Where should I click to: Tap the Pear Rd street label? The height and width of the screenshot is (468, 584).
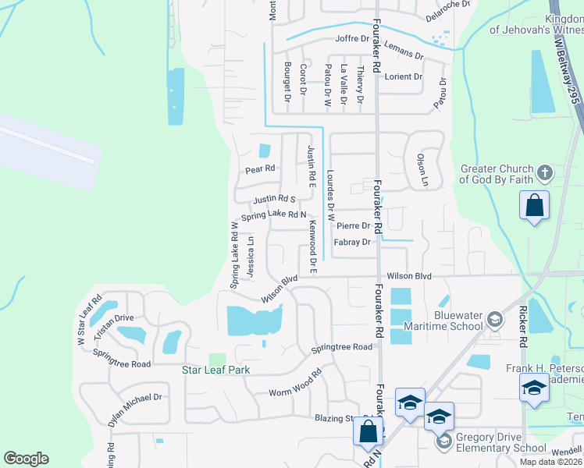pyautogui.click(x=260, y=168)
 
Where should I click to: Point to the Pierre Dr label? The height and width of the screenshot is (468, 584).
pyautogui.click(x=353, y=225)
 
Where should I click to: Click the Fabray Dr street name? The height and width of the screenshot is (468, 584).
pyautogui.click(x=352, y=243)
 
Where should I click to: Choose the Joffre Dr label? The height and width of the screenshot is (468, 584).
pyautogui.click(x=351, y=38)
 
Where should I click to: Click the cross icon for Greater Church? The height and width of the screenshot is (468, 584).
pyautogui.click(x=546, y=172)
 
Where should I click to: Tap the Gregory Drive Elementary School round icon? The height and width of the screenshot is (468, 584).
pyautogui.click(x=443, y=441)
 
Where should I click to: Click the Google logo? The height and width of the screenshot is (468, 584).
pyautogui.click(x=26, y=459)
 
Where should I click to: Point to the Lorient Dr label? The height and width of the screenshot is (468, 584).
pyautogui.click(x=403, y=77)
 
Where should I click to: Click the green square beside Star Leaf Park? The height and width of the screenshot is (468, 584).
pyautogui.click(x=217, y=360)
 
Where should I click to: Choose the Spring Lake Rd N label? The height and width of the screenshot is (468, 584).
pyautogui.click(x=272, y=215)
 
